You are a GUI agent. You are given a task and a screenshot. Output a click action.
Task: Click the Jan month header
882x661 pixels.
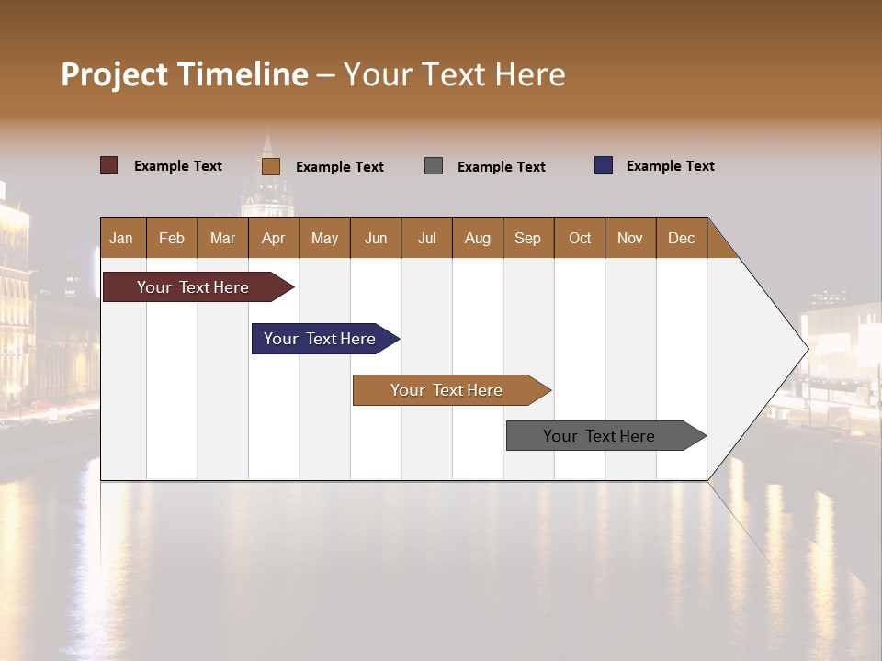[122, 238]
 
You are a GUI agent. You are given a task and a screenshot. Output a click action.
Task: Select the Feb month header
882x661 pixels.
[172, 238]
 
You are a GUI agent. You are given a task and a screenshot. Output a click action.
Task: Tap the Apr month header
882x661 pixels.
[274, 238]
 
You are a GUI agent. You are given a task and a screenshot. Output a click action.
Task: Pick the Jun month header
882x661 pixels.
[376, 238]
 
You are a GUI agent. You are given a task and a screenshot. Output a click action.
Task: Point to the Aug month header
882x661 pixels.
[478, 238]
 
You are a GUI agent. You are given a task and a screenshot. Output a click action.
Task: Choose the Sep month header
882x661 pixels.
[528, 238]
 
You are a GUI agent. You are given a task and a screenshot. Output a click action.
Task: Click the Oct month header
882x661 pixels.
[580, 238]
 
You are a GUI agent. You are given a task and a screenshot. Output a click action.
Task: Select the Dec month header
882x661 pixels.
[682, 238]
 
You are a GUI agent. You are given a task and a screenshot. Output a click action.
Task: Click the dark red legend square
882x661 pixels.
[109, 165]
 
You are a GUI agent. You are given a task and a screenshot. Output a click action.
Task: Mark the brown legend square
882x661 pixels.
[271, 166]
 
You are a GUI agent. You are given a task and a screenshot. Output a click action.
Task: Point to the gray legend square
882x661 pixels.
[434, 166]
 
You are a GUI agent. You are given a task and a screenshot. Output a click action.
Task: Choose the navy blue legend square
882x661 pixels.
[604, 165]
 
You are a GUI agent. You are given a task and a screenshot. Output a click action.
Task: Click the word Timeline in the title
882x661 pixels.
[242, 74]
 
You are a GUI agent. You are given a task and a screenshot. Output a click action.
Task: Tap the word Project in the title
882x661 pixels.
[114, 74]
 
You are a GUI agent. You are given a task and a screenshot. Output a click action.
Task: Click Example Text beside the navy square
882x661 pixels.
[670, 166]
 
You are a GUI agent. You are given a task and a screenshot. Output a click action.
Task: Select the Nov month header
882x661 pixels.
[630, 238]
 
